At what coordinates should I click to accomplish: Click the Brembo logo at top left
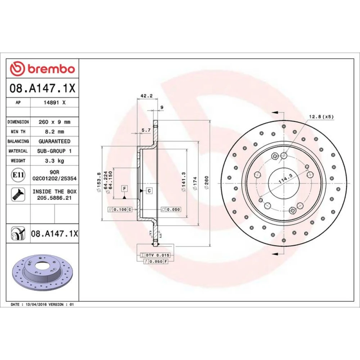[42, 69]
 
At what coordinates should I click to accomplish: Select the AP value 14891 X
[55, 103]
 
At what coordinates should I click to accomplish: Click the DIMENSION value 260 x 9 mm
[55, 122]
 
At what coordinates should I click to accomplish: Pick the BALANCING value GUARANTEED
[55, 141]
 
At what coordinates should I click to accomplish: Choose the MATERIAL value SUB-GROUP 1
[54, 151]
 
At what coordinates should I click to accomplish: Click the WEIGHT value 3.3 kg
[54, 161]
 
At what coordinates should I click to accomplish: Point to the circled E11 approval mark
[18, 175]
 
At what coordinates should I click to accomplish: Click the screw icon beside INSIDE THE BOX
[18, 194]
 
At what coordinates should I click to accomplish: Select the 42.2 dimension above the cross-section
[147, 96]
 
